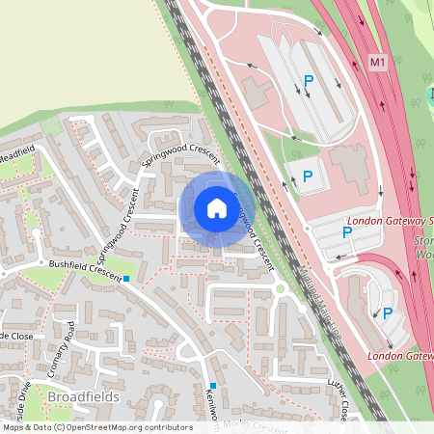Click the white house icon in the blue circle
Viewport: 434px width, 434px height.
tap(216, 207)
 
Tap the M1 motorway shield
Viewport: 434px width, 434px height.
tap(377, 63)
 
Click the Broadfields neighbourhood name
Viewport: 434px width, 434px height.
tap(81, 396)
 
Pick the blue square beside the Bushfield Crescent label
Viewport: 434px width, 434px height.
tap(126, 280)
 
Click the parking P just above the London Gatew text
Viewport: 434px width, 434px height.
tap(388, 313)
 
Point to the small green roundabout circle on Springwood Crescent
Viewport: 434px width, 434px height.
tap(280, 287)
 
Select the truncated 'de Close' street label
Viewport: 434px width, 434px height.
tap(16, 335)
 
